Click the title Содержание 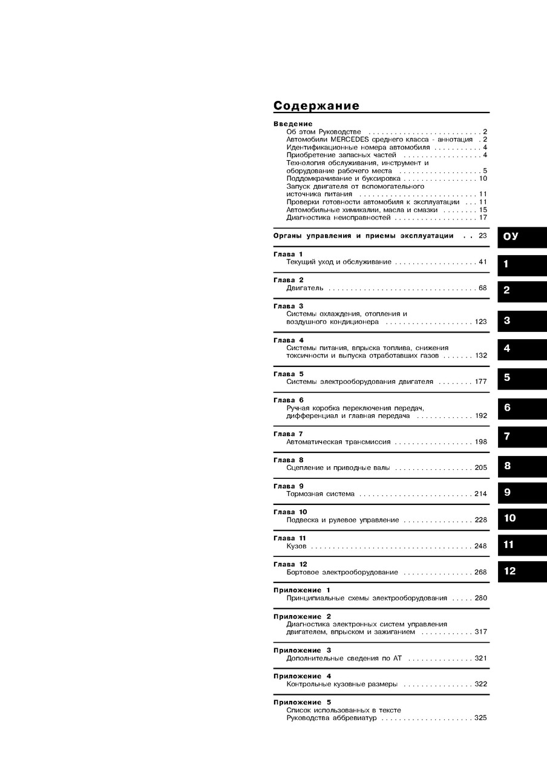[316, 106]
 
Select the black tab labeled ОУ [522, 236]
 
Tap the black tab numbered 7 [522, 437]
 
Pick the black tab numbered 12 [522, 571]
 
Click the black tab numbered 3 [522, 321]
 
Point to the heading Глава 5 [289, 374]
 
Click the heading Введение [293, 124]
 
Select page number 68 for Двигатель [482, 288]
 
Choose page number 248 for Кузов [480, 546]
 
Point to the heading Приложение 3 [302, 650]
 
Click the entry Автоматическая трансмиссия [338, 442]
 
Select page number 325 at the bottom [480, 718]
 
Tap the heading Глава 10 [290, 512]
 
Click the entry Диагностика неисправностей [338, 217]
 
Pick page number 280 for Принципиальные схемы [480, 598]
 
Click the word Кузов [296, 546]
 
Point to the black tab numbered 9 [522, 492]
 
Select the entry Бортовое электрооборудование [342, 572]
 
